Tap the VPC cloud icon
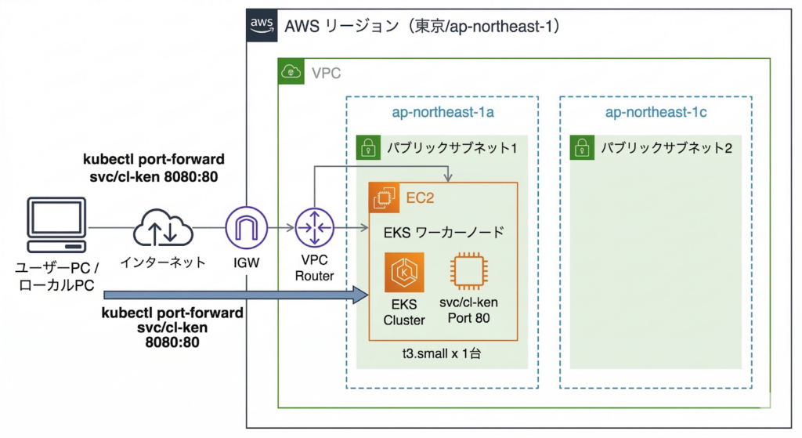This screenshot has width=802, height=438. (291, 73)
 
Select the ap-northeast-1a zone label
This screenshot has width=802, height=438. (443, 113)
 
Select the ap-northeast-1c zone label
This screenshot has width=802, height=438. (656, 113)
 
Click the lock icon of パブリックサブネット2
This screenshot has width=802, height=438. (580, 147)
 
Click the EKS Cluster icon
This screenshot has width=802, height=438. (403, 273)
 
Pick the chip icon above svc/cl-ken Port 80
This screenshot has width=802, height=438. (469, 273)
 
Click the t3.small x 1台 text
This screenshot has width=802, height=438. (441, 354)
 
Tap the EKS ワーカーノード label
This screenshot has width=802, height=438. (443, 232)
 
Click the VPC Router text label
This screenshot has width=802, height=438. (315, 268)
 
